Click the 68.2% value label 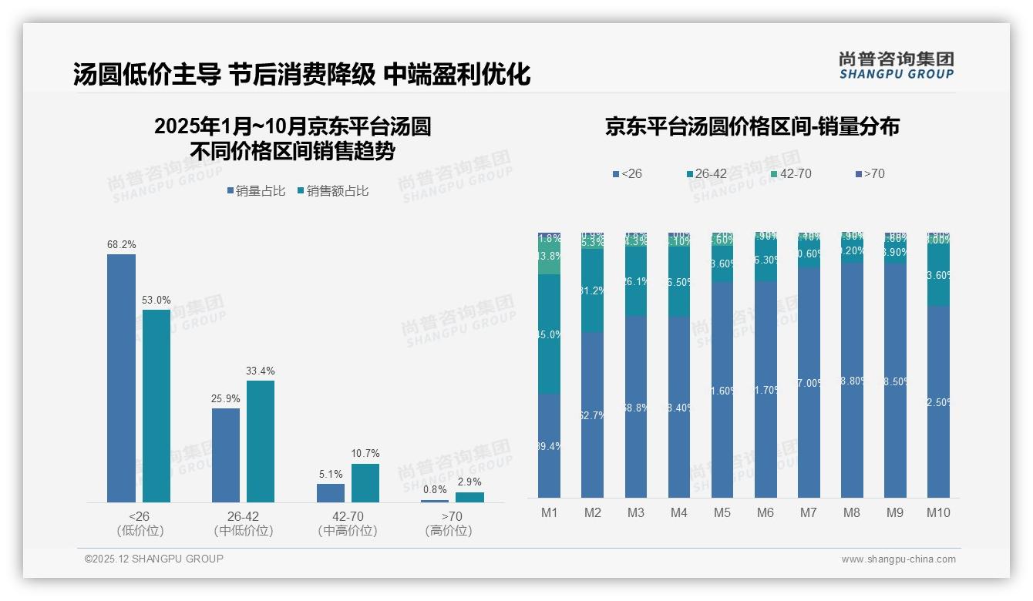click(122, 244)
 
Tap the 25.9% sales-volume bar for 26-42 click(226, 455)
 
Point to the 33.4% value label click(261, 371)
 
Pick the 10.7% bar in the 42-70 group click(365, 482)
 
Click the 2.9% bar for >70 click(469, 497)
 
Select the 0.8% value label click(435, 489)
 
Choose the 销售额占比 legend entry click(332, 191)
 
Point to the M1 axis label click(549, 512)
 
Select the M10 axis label click(938, 512)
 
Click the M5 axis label click(722, 512)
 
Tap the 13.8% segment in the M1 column click(549, 257)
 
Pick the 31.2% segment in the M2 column click(592, 290)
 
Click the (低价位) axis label click(140, 531)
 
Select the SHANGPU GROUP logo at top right click(896, 65)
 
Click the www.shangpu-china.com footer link click(898, 559)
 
